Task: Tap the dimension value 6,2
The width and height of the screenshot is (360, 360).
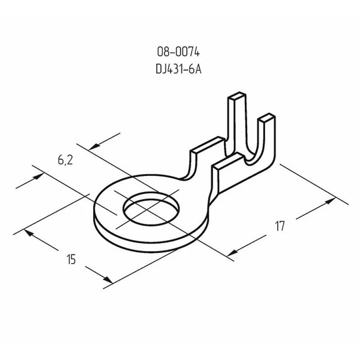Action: coord(65,160)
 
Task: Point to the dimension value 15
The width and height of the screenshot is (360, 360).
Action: coord(71,259)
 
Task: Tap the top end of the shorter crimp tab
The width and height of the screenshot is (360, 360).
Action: coord(265,118)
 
